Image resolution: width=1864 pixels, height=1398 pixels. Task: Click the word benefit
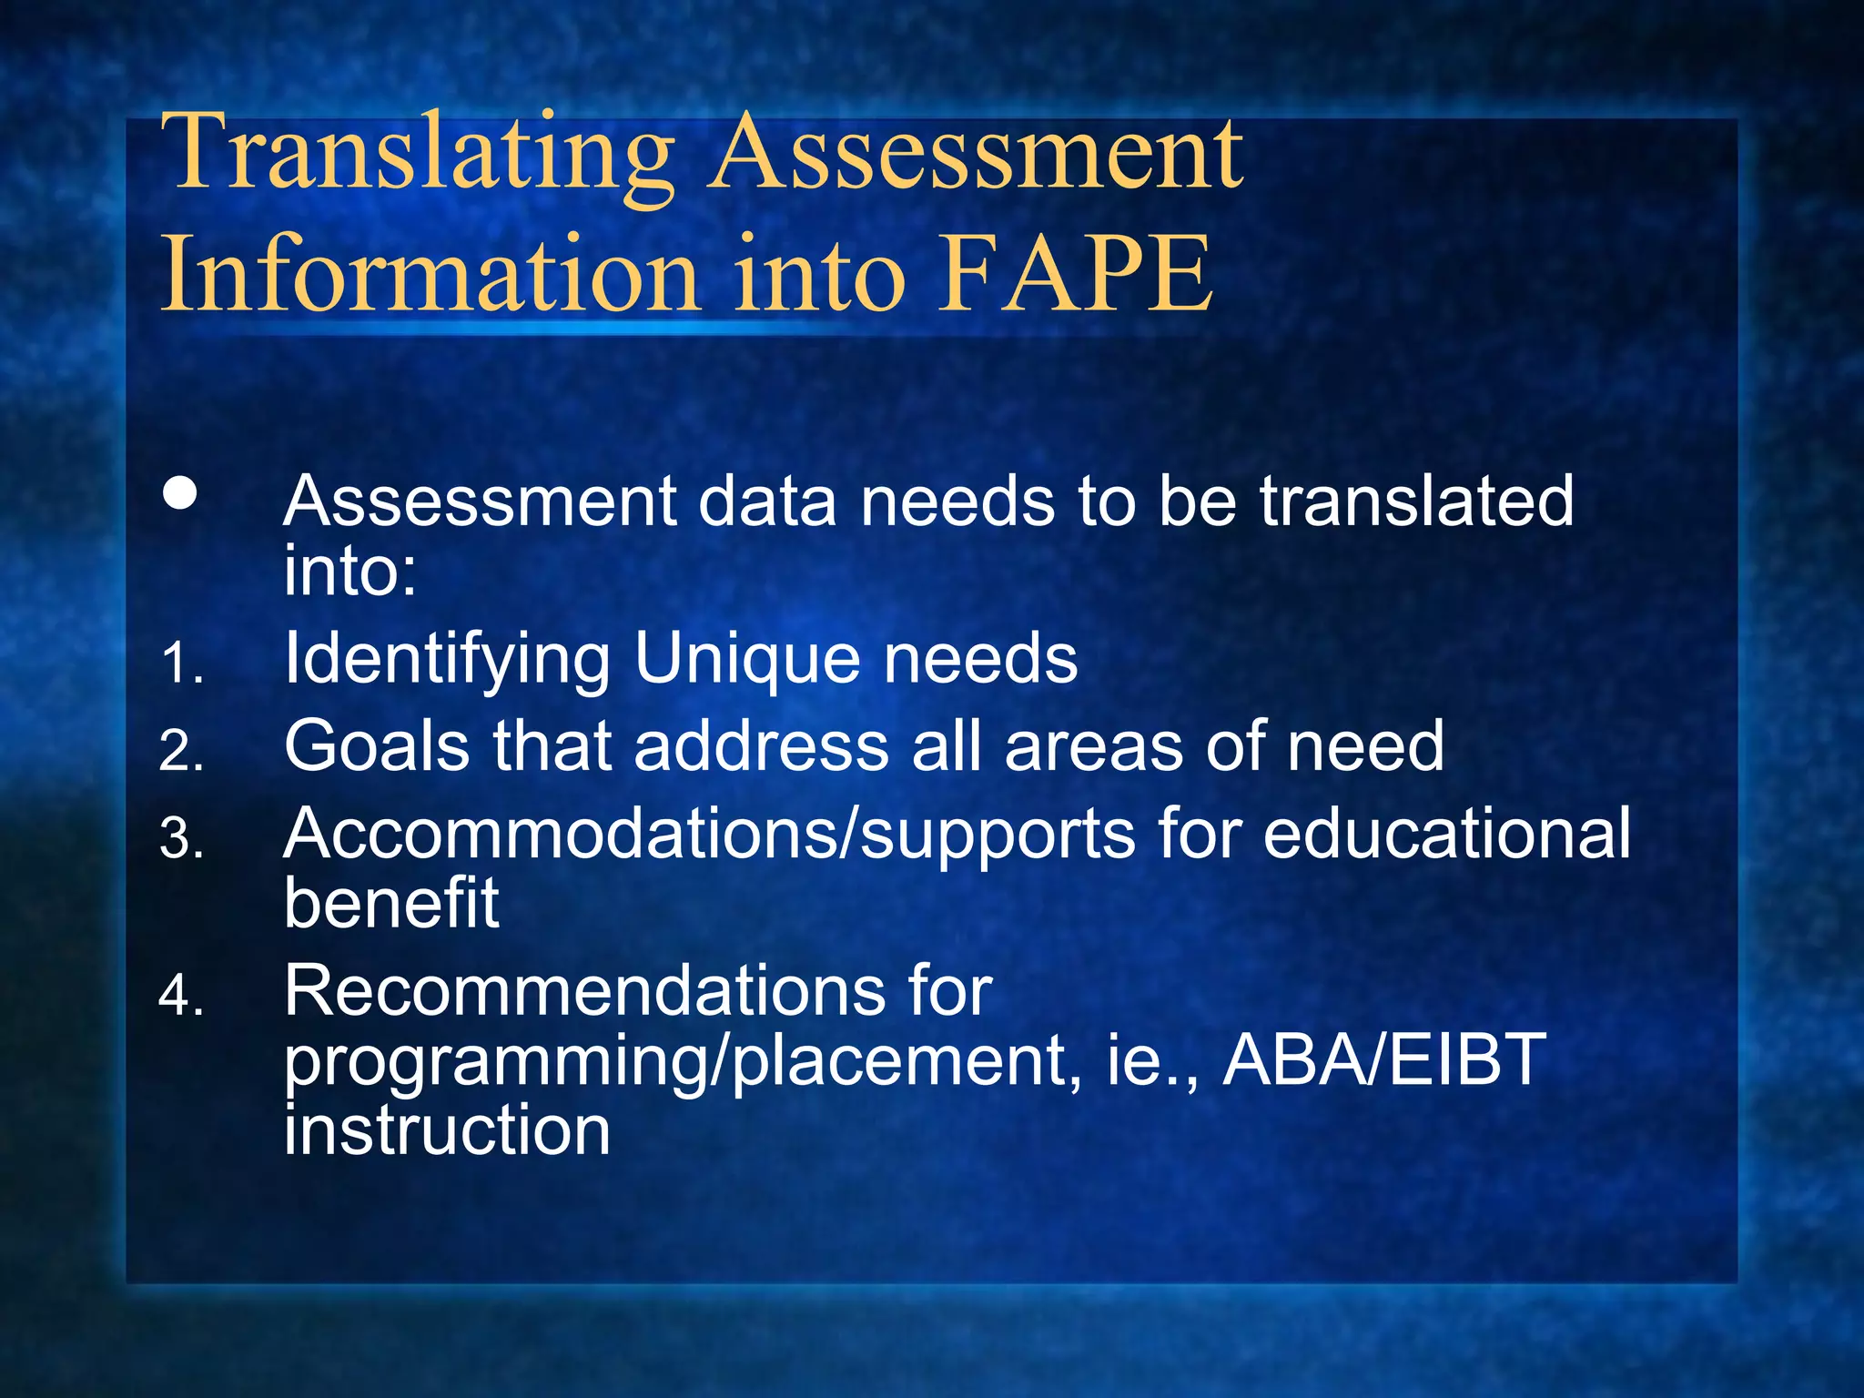click(x=391, y=903)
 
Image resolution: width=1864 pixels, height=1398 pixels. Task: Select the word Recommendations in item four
click(x=583, y=990)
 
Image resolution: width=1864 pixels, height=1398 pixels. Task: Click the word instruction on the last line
click(x=446, y=1130)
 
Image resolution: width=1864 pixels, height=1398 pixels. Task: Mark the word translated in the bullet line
click(x=1416, y=501)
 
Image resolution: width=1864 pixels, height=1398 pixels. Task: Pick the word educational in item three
click(x=1447, y=834)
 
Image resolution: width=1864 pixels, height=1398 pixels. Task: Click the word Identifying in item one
click(x=447, y=659)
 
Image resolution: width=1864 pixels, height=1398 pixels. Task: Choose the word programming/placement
click(x=678, y=1061)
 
